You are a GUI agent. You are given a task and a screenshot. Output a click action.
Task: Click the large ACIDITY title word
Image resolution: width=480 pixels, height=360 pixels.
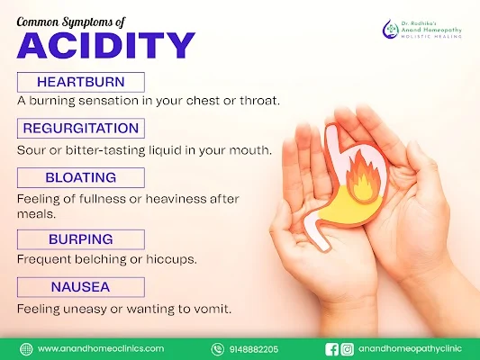(x=105, y=46)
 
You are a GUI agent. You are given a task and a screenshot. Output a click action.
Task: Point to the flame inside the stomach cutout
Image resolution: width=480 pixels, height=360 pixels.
(x=363, y=179)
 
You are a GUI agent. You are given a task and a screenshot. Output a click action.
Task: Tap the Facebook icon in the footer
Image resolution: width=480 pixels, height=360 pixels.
(x=331, y=349)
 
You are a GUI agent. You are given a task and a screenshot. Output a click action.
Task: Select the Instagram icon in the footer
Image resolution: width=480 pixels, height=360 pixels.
(x=347, y=349)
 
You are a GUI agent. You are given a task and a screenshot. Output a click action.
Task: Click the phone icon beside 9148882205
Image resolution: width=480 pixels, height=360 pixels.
(x=217, y=349)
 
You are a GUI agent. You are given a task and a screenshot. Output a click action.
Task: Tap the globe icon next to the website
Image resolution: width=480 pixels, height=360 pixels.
(x=26, y=349)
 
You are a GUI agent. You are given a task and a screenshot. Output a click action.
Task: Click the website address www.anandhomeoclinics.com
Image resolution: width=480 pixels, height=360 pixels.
(x=101, y=348)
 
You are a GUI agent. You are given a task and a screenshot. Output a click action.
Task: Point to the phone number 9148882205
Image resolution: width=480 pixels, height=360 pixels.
(x=254, y=349)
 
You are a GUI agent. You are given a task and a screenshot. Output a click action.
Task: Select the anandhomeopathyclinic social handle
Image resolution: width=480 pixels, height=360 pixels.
(x=410, y=349)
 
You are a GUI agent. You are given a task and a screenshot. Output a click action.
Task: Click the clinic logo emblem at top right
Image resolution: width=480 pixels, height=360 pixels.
(x=390, y=29)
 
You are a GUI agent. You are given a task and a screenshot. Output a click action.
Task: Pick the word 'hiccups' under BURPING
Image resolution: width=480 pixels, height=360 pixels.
(x=171, y=260)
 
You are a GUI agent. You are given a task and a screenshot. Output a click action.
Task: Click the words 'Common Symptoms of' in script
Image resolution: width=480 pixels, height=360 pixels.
(x=71, y=22)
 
